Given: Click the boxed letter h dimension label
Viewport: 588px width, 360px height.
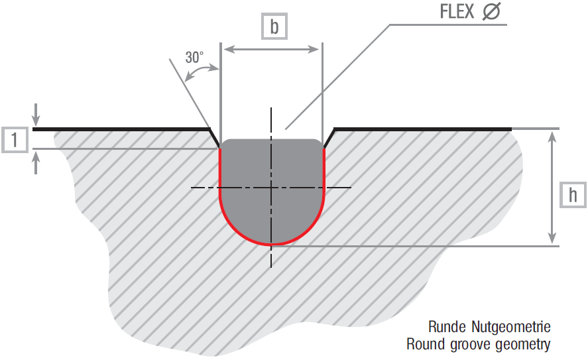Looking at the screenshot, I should tap(573, 195).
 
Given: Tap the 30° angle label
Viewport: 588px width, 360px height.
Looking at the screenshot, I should tap(194, 58).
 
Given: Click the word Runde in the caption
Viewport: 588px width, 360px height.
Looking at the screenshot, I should tap(448, 328).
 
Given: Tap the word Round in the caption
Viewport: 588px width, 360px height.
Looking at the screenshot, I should tap(425, 344).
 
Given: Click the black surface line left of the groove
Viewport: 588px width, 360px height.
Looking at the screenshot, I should tap(119, 129).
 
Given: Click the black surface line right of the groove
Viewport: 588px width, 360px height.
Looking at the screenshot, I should tap(424, 129).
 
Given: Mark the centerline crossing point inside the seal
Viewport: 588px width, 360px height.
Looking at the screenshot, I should tap(271, 188).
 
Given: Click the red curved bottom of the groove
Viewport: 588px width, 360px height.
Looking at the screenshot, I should tap(271, 243).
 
